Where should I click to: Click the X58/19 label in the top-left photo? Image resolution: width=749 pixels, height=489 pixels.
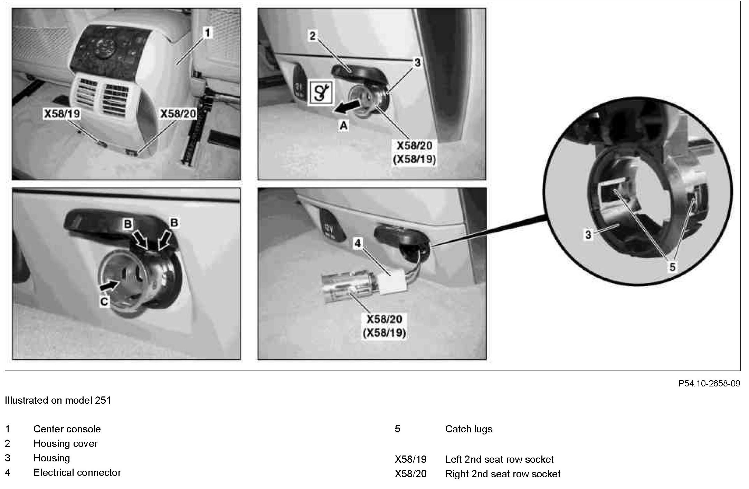click(x=62, y=114)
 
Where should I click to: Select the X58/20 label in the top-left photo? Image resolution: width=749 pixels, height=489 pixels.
click(x=178, y=114)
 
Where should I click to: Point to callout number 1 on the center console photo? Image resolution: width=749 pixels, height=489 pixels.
click(x=207, y=33)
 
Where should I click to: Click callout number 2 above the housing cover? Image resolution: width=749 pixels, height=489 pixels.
click(x=313, y=36)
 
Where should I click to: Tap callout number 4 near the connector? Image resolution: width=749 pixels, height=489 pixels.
click(x=358, y=243)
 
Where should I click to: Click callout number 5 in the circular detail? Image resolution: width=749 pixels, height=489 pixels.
click(x=672, y=267)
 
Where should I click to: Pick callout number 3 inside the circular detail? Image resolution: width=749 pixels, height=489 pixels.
click(x=588, y=235)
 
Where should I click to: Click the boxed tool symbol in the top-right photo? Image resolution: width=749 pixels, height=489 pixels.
click(x=321, y=92)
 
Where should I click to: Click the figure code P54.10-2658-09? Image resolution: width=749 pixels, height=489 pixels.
click(x=709, y=383)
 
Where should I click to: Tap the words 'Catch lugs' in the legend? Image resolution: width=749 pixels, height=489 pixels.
click(x=468, y=429)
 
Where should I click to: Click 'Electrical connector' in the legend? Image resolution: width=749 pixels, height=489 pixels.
click(x=77, y=472)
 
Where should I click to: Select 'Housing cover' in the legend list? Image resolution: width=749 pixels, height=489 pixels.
click(x=65, y=443)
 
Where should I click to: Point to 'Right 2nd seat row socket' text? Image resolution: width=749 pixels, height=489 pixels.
click(x=503, y=474)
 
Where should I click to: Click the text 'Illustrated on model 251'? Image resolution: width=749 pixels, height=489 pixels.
click(x=58, y=400)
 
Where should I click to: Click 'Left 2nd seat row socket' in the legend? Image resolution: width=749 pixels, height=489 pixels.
click(x=499, y=459)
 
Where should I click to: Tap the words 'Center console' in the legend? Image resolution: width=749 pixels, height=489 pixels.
click(x=67, y=429)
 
